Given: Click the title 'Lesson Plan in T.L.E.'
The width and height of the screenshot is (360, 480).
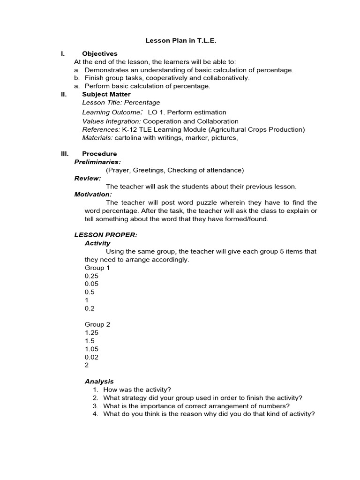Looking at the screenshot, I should [x=181, y=41].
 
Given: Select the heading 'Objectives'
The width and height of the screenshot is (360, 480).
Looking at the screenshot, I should [x=99, y=54].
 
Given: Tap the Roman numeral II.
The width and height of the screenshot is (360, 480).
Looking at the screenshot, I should [x=64, y=94].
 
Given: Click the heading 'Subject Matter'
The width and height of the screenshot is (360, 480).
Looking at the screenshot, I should [x=106, y=94].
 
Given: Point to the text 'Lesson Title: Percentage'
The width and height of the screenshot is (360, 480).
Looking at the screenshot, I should [x=121, y=102].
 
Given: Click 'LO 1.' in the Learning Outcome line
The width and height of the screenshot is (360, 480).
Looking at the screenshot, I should [x=156, y=112].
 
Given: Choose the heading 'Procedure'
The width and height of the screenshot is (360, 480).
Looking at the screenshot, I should [x=99, y=154].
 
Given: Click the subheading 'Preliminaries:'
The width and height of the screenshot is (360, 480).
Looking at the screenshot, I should [x=97, y=162].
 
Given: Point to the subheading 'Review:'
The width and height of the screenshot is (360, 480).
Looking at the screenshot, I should [x=88, y=178].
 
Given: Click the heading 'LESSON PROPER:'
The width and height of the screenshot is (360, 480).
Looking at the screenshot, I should [x=106, y=235].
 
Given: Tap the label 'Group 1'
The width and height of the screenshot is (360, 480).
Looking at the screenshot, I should [x=97, y=268].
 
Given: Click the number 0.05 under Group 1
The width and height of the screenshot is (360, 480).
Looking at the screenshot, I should [x=91, y=284].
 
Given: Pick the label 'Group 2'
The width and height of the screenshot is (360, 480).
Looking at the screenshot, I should [x=97, y=324].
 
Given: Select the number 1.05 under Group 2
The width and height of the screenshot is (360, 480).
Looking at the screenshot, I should [x=91, y=349].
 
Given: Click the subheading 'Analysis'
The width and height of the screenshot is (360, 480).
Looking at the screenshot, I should [x=99, y=382].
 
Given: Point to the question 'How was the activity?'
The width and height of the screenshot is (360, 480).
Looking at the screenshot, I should [x=137, y=390].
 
